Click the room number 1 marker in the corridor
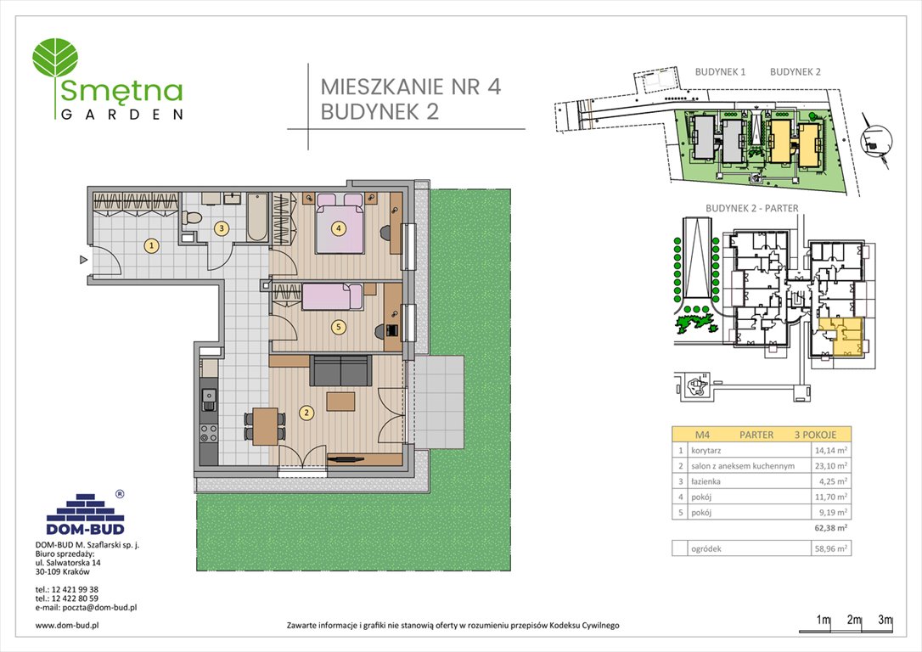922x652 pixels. pos(151,246)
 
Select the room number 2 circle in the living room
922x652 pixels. pos(306,413)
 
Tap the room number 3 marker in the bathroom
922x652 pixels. pos(221,228)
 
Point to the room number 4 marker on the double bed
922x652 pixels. pos(338,228)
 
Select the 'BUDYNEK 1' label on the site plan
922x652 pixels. pos(720,72)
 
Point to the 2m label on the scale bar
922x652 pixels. pos(854,621)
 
